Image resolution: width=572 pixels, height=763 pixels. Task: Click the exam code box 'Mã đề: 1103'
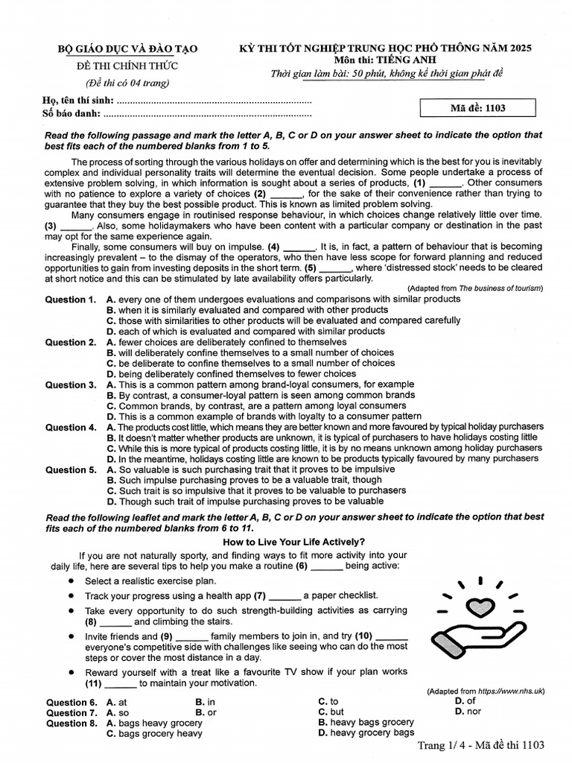pyautogui.click(x=477, y=108)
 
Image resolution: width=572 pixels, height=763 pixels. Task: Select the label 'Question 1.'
pyautogui.click(x=71, y=300)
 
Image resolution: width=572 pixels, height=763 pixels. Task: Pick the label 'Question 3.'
pyautogui.click(x=71, y=385)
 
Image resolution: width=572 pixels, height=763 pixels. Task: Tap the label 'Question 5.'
pyautogui.click(x=71, y=470)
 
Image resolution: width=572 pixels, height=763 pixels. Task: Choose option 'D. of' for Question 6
pyautogui.click(x=465, y=701)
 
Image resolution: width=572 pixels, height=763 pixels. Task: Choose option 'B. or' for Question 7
pyautogui.click(x=206, y=712)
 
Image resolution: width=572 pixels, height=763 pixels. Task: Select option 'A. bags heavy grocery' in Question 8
pyautogui.click(x=154, y=723)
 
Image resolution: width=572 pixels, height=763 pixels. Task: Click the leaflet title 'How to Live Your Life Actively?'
pyautogui.click(x=294, y=542)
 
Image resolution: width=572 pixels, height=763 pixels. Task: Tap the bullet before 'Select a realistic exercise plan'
pyautogui.click(x=71, y=580)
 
